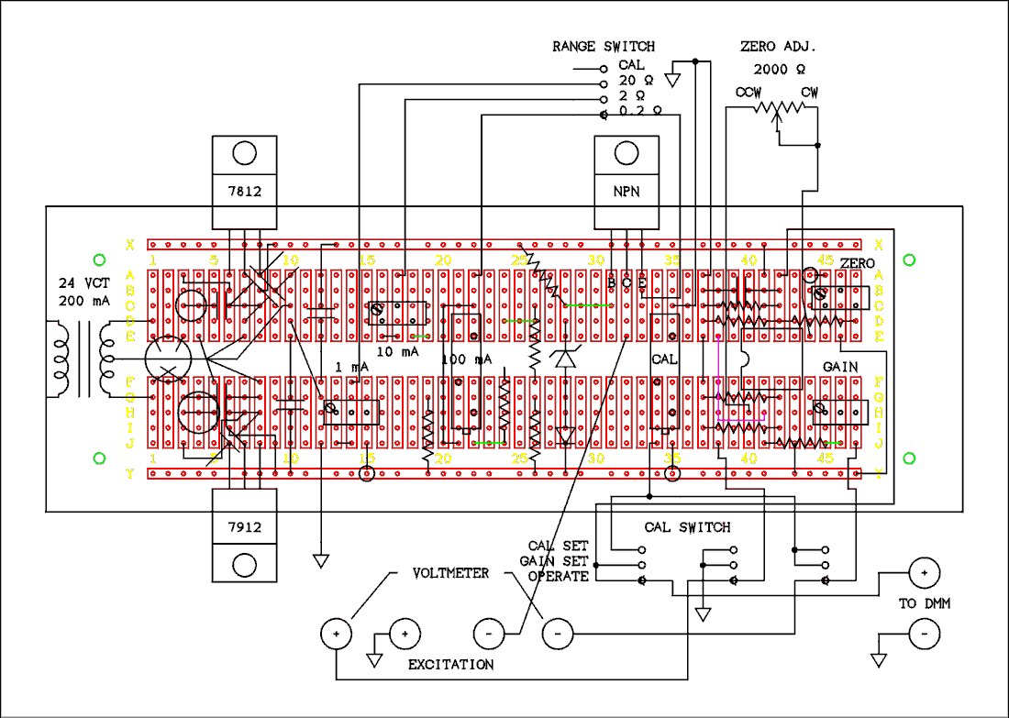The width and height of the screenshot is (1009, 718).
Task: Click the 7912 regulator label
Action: pyautogui.click(x=244, y=527)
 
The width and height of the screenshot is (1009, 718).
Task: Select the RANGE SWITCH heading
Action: pyautogui.click(x=604, y=46)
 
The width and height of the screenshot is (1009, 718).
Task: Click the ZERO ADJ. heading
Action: pyautogui.click(x=778, y=46)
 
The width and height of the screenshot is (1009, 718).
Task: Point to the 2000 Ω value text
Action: pyautogui.click(x=780, y=69)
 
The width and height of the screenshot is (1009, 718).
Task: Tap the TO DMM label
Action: pyautogui.click(x=921, y=605)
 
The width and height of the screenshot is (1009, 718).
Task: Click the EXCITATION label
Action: pyautogui.click(x=450, y=664)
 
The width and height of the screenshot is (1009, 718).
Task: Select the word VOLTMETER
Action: pyautogui.click(x=450, y=574)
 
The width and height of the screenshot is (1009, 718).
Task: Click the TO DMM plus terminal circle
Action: pyautogui.click(x=924, y=573)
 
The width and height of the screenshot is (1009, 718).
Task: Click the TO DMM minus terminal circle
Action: pyautogui.click(x=924, y=633)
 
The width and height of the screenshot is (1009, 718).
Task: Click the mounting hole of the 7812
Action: pyautogui.click(x=244, y=152)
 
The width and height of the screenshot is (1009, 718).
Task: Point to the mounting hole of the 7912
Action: pyautogui.click(x=244, y=564)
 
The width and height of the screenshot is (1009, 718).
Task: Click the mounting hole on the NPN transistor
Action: pyautogui.click(x=627, y=152)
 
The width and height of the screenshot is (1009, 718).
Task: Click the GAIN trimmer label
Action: pyautogui.click(x=839, y=366)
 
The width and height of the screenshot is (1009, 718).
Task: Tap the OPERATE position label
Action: pyautogui.click(x=558, y=577)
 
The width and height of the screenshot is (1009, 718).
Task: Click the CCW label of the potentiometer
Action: pyautogui.click(x=748, y=93)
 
